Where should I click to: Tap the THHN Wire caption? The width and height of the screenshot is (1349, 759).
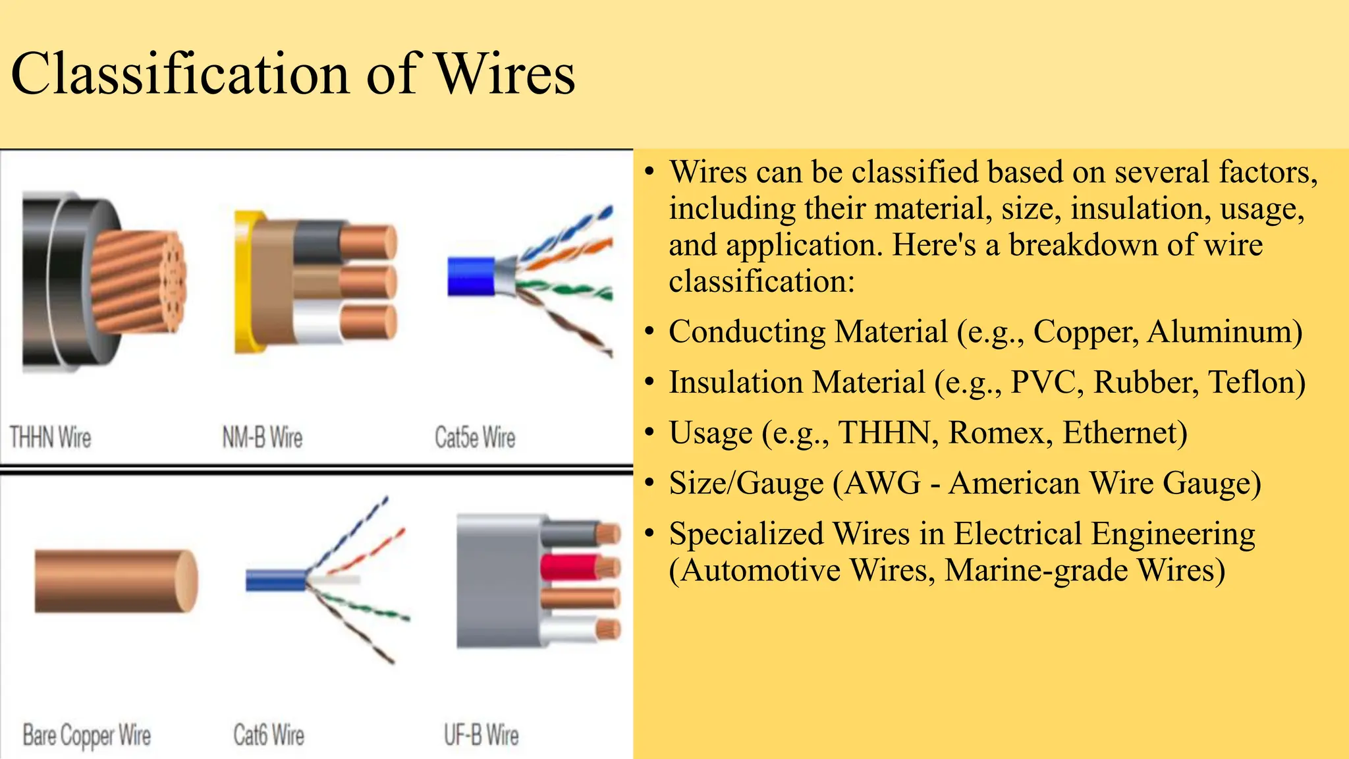[50, 437]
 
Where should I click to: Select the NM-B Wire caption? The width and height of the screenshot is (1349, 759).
[262, 437]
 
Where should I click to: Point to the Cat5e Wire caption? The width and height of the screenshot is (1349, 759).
[475, 437]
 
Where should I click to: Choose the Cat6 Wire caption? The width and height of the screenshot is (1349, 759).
[269, 735]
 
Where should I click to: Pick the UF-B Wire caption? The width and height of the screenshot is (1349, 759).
[481, 735]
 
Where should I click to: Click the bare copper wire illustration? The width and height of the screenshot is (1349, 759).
[115, 581]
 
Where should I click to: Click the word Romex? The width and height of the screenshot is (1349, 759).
[1000, 433]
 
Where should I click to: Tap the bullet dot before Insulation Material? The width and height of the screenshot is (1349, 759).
[650, 382]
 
